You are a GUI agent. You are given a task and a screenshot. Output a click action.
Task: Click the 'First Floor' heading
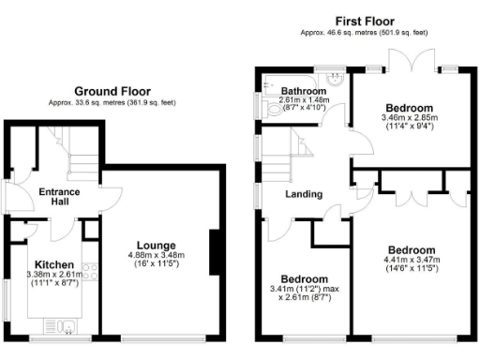tap(364, 21)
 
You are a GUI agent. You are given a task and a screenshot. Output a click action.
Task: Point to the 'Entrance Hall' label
tap(58, 197)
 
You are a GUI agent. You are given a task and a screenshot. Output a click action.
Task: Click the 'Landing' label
tap(305, 194)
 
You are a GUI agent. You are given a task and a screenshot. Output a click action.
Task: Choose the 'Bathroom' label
tap(302, 91)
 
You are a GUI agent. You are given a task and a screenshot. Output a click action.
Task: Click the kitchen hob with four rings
tap(90, 276)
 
